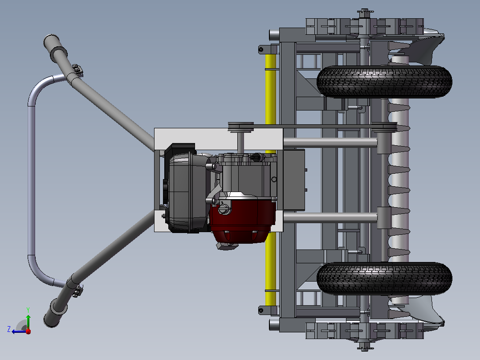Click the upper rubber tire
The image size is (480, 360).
point(385,82)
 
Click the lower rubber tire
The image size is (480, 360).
point(385,278)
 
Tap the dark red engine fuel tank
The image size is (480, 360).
point(242,219)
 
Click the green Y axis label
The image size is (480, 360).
point(28,310)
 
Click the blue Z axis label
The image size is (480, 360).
point(9,329)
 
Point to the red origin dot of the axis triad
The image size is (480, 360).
point(28,331)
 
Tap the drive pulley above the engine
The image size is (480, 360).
point(241,127)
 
